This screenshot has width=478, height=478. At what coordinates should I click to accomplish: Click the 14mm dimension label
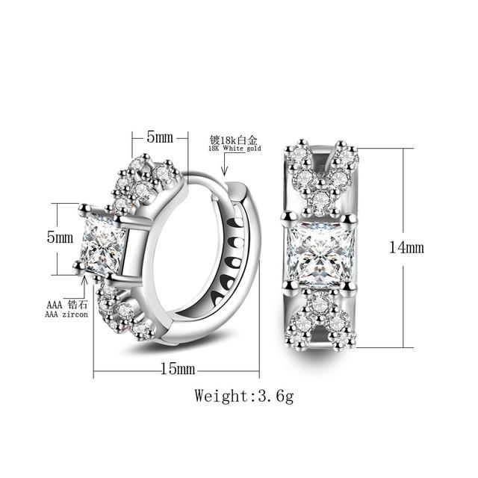pos(406,247)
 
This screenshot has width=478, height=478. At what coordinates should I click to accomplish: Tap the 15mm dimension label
pos(178,368)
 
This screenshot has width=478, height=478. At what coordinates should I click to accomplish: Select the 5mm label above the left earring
pos(160,137)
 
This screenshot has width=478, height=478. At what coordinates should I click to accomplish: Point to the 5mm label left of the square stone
pos(60,237)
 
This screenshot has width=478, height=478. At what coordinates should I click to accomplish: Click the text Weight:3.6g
pos(244,396)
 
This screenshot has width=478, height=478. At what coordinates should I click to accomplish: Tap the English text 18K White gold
pos(235,149)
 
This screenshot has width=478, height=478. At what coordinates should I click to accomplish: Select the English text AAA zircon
pos(66,314)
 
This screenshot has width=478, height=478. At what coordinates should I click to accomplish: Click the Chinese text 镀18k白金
pos(234,140)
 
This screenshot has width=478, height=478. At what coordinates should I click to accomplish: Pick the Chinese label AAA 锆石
pos(66,305)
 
